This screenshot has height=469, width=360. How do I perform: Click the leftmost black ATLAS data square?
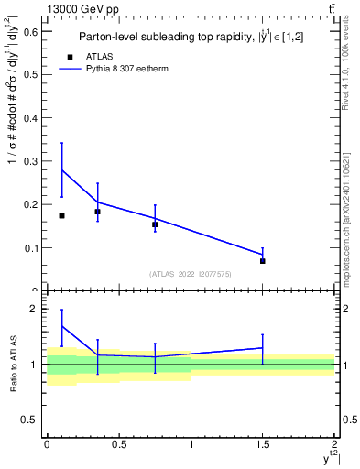(61, 215)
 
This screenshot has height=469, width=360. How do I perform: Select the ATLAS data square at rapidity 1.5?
(263, 261)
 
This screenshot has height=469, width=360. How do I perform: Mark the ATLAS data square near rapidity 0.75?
(155, 224)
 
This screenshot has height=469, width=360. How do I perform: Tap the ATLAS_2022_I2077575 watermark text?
(191, 273)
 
